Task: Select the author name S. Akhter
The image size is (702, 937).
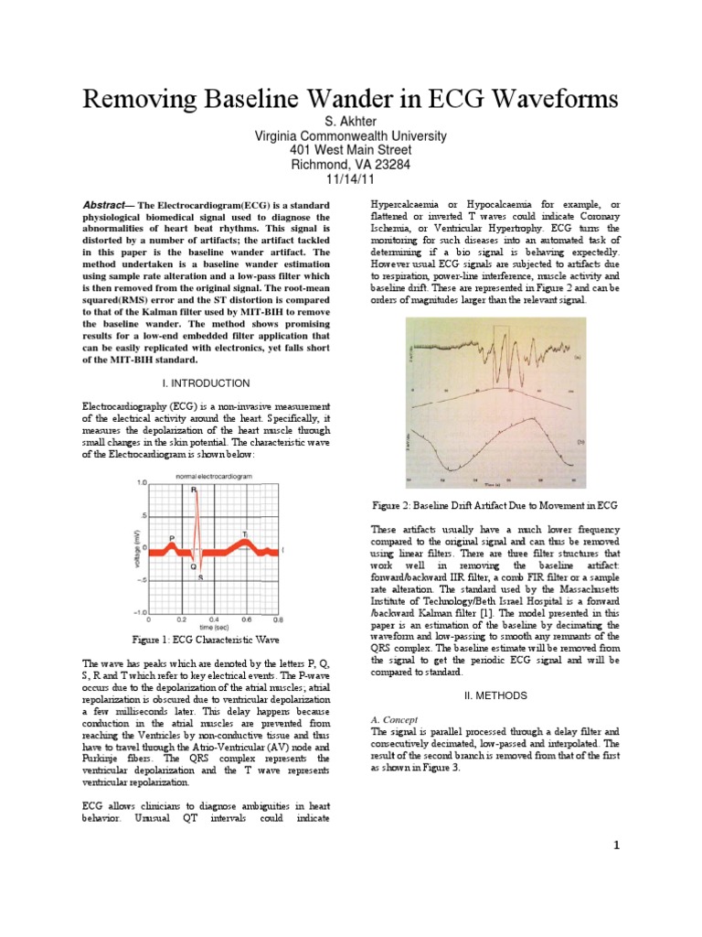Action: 350,122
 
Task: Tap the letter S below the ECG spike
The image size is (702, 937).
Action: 200,576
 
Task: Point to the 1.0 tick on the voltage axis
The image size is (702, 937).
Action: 142,482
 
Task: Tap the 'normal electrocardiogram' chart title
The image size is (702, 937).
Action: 215,475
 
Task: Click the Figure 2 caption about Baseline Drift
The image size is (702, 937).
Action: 494,505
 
